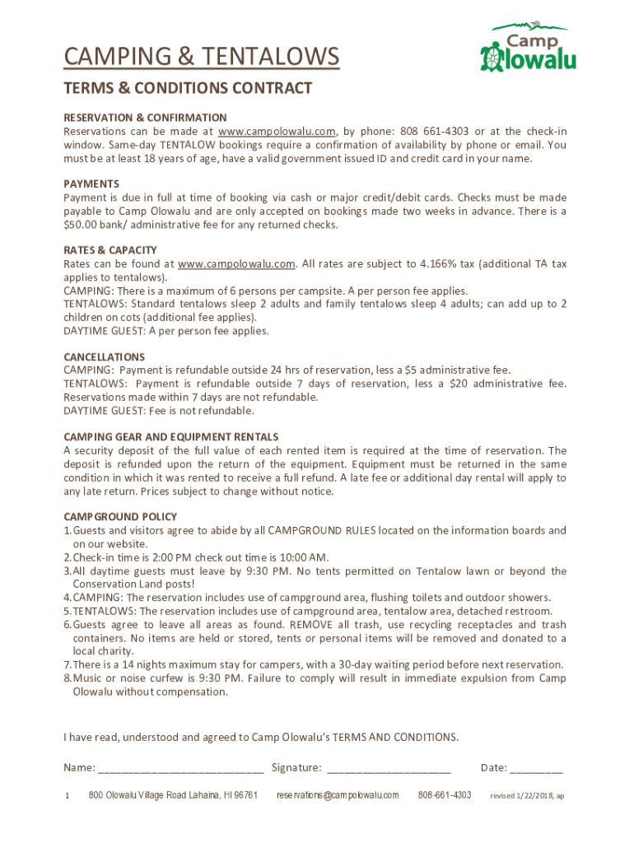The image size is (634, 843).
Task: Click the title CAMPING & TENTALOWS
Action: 202,57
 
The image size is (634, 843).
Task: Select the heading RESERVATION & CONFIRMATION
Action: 145,118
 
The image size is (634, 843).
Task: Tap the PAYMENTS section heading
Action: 91,184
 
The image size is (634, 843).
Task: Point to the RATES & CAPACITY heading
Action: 110,250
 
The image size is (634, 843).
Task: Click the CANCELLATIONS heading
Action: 105,356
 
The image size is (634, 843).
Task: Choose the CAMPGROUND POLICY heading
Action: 120,516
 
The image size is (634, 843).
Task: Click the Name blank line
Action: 180,769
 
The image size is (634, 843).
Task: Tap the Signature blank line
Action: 389,769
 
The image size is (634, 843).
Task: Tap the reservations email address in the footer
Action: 338,795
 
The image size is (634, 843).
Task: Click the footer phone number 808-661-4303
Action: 445,795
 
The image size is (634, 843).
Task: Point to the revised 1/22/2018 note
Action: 527,796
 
